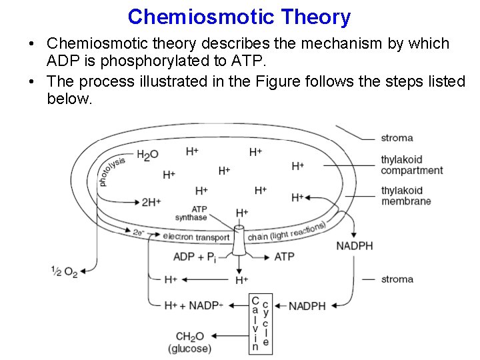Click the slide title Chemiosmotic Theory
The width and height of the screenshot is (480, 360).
[239, 17]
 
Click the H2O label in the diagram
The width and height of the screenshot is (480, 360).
[147, 155]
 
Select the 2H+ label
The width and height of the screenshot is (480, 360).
[151, 202]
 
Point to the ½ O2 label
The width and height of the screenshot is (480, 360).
[64, 271]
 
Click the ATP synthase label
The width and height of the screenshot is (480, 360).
[192, 213]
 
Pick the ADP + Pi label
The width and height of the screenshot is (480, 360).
[194, 257]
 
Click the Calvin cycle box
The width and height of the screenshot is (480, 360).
[260, 323]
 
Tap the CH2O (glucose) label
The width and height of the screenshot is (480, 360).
[190, 343]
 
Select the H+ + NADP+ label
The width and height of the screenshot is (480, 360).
[193, 305]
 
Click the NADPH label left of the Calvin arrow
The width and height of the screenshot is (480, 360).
[307, 306]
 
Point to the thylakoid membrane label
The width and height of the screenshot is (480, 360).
[406, 196]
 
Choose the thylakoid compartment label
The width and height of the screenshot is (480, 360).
[411, 165]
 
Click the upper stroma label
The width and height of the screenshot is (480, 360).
[397, 138]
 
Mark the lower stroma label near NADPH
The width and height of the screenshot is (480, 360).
[397, 279]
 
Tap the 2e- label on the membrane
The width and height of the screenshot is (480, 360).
[139, 233]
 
